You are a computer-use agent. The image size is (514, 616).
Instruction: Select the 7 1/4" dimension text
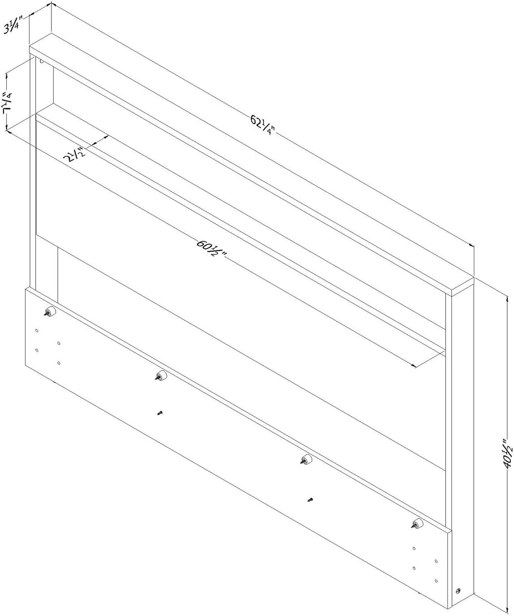pos(8,103)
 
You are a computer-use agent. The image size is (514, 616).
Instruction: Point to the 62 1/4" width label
pos(262,125)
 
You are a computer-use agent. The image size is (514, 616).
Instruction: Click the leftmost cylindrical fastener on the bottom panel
pos(50,312)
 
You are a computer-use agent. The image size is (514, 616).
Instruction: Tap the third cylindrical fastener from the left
pos(306,459)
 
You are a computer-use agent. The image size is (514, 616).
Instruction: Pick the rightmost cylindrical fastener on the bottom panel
pos(417,524)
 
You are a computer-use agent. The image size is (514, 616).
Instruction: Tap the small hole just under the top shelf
pos(42,62)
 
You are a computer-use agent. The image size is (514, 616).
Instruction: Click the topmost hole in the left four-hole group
pos(37,331)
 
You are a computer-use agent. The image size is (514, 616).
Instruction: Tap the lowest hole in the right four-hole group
pos(436,581)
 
